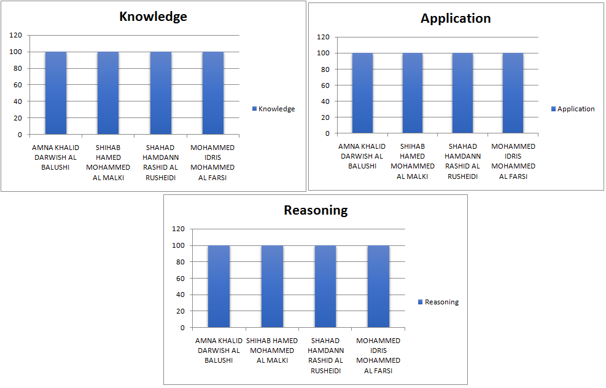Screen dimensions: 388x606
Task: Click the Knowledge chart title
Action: click(153, 17)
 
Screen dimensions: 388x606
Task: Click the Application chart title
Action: click(456, 18)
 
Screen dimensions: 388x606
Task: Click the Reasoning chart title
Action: click(316, 210)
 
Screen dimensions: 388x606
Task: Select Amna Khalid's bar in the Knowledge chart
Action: click(56, 92)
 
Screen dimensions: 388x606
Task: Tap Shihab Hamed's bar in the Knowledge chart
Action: click(108, 92)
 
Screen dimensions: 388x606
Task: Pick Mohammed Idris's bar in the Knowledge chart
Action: click(213, 92)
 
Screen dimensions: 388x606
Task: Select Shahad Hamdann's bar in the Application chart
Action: click(463, 92)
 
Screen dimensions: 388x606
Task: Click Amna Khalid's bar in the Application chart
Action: click(362, 92)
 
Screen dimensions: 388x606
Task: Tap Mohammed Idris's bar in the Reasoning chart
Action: click(378, 286)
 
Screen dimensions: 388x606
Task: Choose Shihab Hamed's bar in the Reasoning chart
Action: click(272, 286)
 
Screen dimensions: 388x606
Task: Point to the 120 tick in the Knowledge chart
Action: click(16, 35)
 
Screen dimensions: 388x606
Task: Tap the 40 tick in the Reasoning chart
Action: click(180, 295)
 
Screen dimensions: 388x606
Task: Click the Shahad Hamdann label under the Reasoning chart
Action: click(325, 355)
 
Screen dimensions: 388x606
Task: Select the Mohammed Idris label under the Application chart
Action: click(513, 161)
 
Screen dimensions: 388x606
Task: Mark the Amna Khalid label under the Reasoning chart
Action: click(219, 350)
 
